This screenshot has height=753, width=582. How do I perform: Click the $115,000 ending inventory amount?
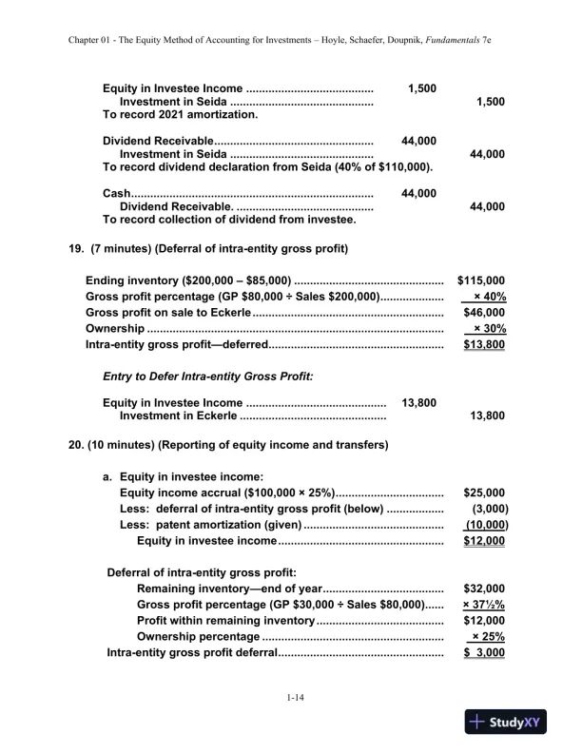480,280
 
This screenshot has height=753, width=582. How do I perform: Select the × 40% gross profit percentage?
489,297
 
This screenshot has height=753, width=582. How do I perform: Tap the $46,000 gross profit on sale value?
483,313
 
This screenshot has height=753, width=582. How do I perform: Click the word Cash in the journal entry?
115,193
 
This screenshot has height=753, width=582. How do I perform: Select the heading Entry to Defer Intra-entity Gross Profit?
207,377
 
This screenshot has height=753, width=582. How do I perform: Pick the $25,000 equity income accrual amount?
483,492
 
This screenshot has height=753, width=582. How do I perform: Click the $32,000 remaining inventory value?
483,589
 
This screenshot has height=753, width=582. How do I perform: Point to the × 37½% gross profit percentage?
483,605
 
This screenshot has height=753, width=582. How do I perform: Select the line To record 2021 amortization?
180,114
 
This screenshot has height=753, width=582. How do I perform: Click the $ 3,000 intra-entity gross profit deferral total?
483,653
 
